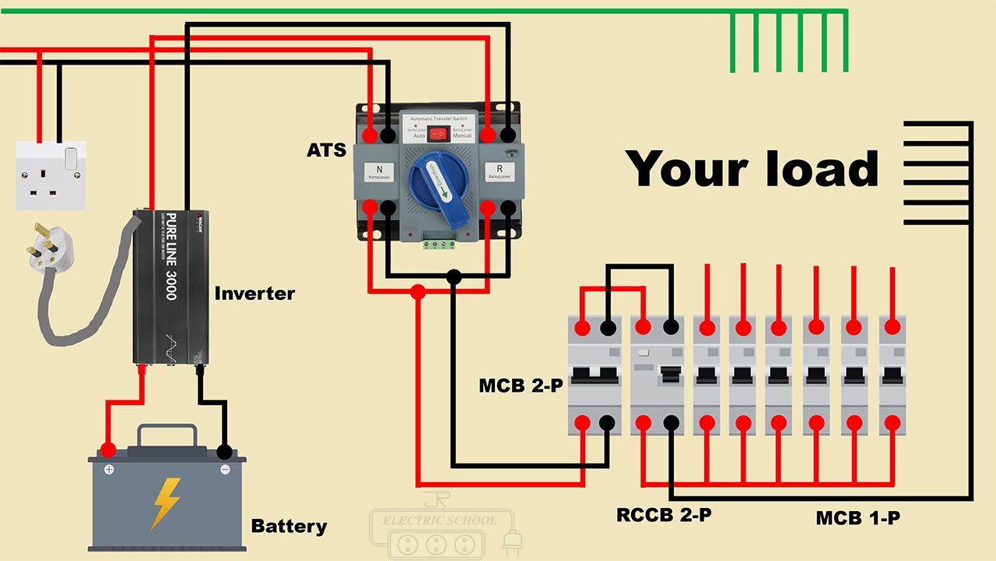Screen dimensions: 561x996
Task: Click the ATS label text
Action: [326, 150]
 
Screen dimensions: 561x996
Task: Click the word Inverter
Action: [254, 294]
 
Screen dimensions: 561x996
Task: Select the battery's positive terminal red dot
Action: [108, 450]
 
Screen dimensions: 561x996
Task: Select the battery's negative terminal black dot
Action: [224, 451]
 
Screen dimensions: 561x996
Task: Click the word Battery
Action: [289, 527]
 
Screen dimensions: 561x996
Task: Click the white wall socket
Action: [51, 175]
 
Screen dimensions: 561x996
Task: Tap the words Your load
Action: [752, 169]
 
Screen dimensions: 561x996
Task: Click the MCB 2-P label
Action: [521, 386]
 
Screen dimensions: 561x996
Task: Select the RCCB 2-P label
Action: [664, 515]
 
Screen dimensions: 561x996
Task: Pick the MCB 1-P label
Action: [858, 517]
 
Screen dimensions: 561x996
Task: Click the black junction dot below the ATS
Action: [454, 276]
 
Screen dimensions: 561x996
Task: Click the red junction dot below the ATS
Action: [418, 292]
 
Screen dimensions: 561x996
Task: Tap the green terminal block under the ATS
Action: [439, 244]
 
